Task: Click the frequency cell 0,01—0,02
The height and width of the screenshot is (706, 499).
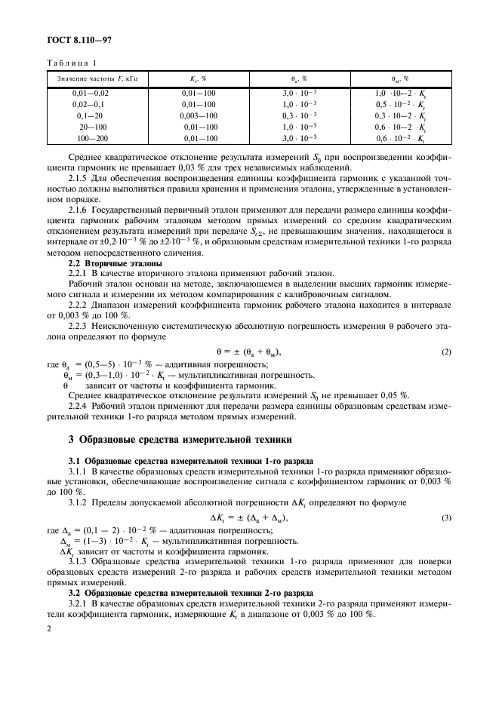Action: point(90,93)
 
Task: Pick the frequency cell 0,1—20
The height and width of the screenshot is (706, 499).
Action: point(90,116)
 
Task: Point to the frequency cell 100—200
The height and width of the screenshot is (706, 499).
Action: point(90,139)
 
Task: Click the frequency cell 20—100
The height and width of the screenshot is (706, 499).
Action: point(90,127)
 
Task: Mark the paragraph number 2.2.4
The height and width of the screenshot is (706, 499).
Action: point(79,405)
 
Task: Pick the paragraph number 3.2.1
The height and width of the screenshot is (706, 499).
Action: point(79,604)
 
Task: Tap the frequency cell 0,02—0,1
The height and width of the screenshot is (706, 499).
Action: point(90,104)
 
